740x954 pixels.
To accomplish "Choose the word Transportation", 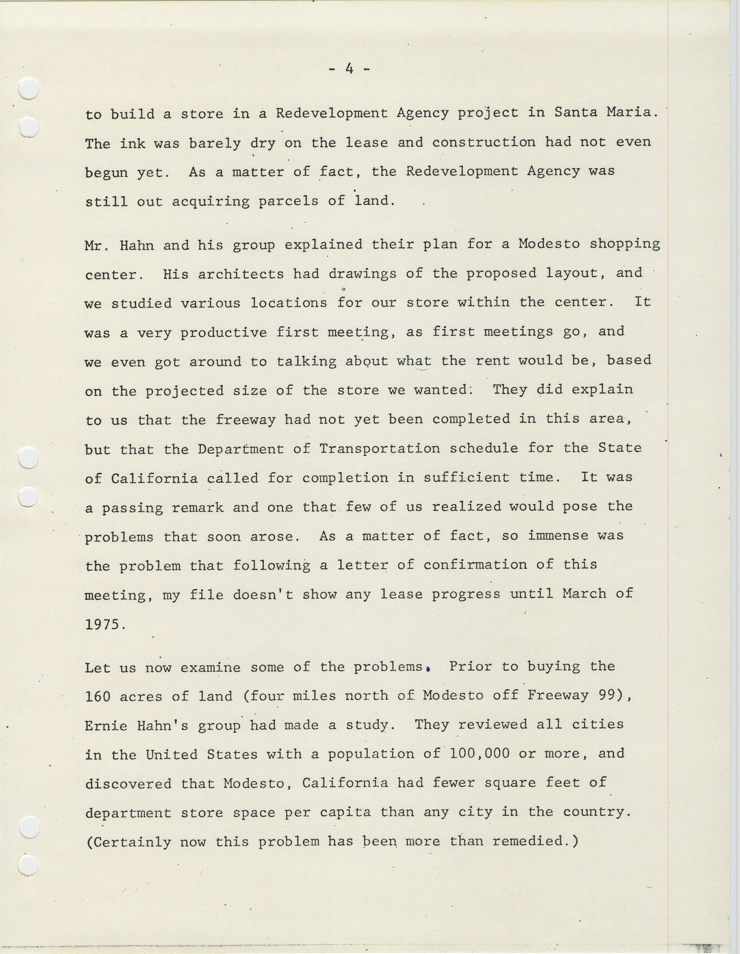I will click(x=380, y=449).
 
